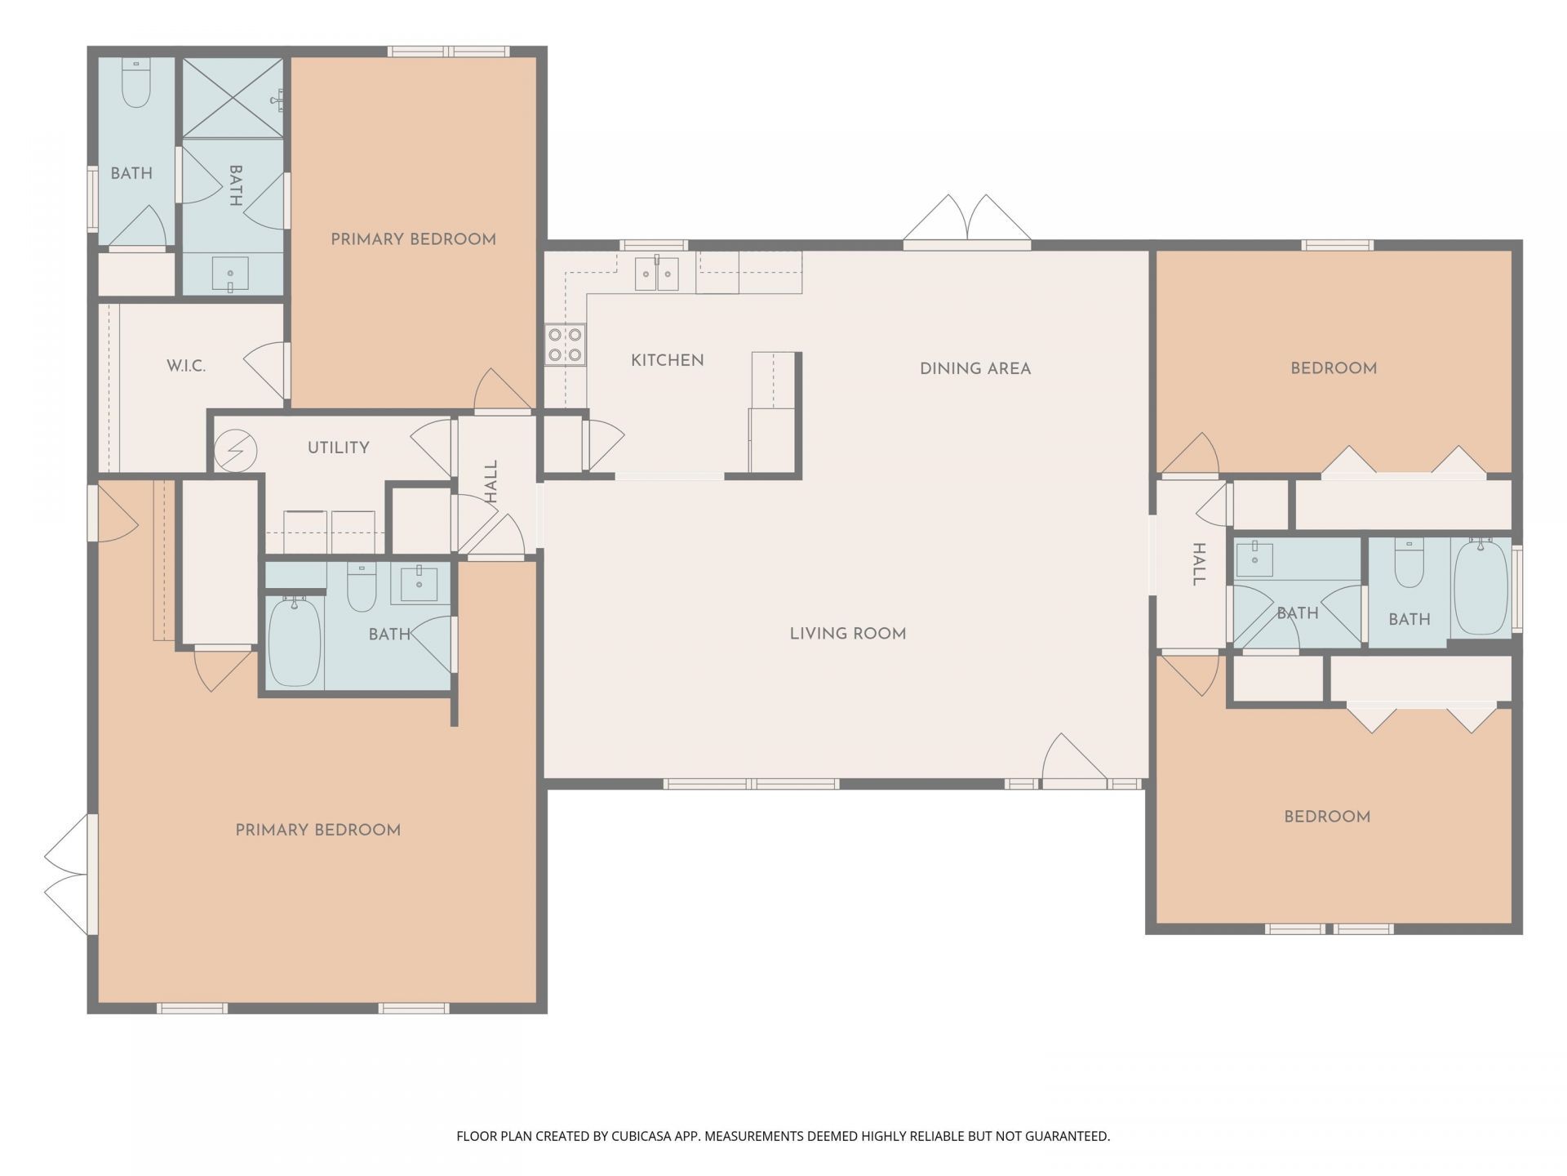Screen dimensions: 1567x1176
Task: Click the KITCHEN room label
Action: click(x=667, y=360)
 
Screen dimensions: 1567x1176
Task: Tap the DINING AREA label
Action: click(x=975, y=368)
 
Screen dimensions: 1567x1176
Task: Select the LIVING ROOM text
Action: click(x=848, y=634)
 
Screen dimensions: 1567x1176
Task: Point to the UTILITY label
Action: click(x=338, y=448)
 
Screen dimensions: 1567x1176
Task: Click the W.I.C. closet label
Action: click(x=186, y=366)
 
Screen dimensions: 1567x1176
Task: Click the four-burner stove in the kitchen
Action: click(x=565, y=344)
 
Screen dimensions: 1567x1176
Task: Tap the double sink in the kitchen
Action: click(x=657, y=273)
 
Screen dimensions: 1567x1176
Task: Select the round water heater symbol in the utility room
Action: click(x=236, y=450)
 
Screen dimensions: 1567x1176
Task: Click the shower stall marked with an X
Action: click(x=233, y=97)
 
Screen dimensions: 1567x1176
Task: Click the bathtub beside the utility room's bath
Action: click(x=295, y=641)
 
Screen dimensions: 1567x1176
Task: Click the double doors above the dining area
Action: click(x=967, y=221)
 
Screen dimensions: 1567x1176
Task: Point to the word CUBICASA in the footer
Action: click(x=646, y=1136)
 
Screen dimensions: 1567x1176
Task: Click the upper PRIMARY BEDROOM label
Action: click(x=413, y=239)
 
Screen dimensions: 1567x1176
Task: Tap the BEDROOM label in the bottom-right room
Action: click(x=1327, y=817)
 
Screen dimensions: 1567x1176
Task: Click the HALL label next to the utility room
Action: click(x=491, y=481)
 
